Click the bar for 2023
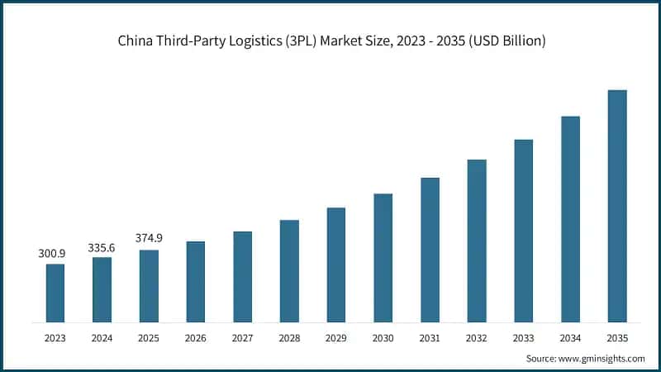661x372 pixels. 55,293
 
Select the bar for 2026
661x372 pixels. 196,281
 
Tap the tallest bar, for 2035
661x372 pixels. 617,206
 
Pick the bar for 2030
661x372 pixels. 383,258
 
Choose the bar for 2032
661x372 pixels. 477,241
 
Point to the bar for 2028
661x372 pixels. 289,270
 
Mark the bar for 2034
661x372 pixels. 570,219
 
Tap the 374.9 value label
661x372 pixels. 149,238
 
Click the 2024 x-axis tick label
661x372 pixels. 102,337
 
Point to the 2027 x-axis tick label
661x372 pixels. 242,337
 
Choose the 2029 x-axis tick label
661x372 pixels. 336,337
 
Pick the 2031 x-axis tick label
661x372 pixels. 430,337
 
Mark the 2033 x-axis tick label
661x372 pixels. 523,337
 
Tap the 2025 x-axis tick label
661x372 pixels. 149,337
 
